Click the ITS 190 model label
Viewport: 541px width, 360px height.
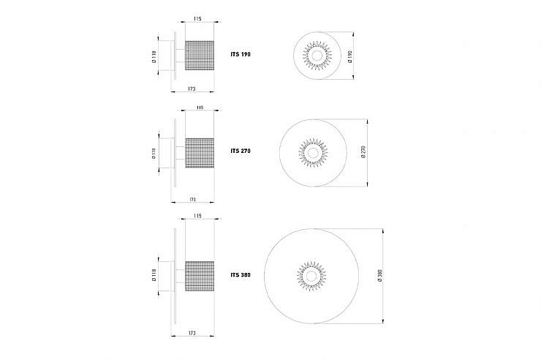tap(241, 54)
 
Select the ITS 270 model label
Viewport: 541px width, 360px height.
tap(241, 151)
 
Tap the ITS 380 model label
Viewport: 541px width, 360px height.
tap(241, 275)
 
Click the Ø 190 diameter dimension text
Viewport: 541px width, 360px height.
tap(350, 56)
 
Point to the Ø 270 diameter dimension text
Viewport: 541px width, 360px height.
tap(363, 152)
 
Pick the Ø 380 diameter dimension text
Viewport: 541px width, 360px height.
tap(380, 276)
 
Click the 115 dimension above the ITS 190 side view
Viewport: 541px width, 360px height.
tap(197, 18)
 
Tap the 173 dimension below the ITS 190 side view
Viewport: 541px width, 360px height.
tap(192, 89)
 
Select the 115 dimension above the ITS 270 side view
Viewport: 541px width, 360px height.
tap(200, 108)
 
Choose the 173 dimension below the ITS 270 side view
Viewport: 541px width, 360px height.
tap(192, 200)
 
